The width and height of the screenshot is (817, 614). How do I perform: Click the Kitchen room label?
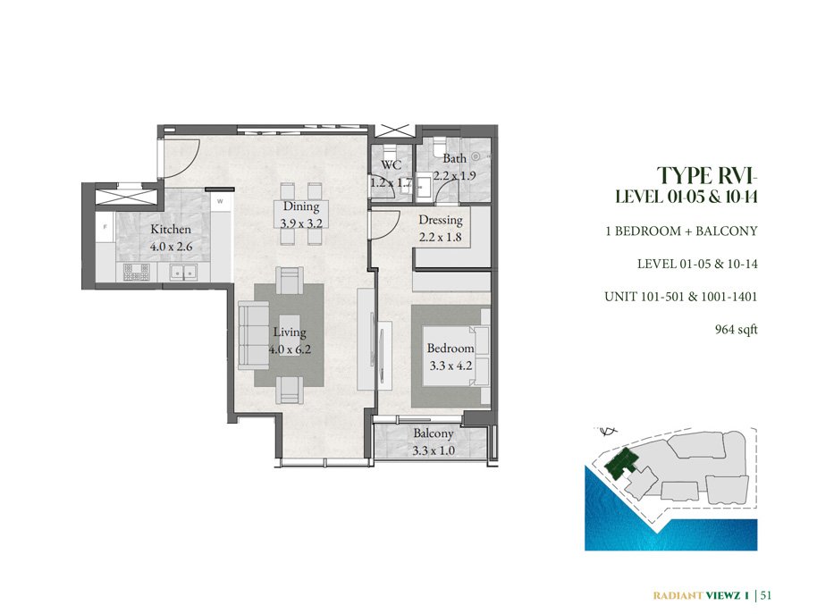(171, 229)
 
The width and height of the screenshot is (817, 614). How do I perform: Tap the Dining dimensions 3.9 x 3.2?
(301, 224)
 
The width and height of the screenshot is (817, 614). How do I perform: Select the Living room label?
(290, 332)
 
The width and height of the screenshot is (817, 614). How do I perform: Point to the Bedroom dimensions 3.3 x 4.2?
(451, 366)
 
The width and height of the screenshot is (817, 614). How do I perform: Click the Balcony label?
(433, 433)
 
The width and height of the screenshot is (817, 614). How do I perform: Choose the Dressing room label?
(441, 220)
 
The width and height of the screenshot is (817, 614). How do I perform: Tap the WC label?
(391, 165)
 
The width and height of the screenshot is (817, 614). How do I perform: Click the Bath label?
(454, 158)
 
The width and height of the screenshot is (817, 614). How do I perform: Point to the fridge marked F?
(105, 226)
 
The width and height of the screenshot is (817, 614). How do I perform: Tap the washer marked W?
(220, 201)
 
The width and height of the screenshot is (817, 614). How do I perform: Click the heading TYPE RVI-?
(706, 175)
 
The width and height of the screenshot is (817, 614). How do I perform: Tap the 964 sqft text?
(737, 330)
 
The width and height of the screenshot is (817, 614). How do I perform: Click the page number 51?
(766, 595)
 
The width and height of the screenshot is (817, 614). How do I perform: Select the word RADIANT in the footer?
(677, 595)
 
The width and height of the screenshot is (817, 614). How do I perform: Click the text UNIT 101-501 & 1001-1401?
(680, 297)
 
